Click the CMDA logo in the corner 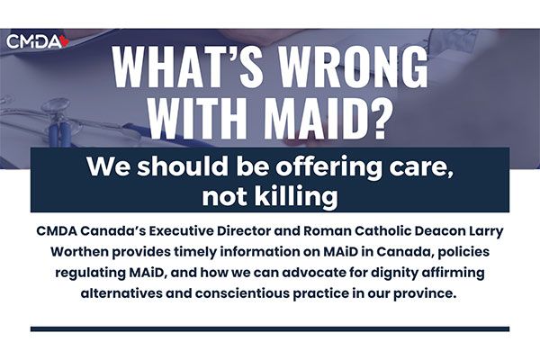coord(38,41)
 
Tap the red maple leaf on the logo coord(65,41)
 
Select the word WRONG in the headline coord(354,66)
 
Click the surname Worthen coord(79,252)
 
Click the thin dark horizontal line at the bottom coord(270,329)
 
